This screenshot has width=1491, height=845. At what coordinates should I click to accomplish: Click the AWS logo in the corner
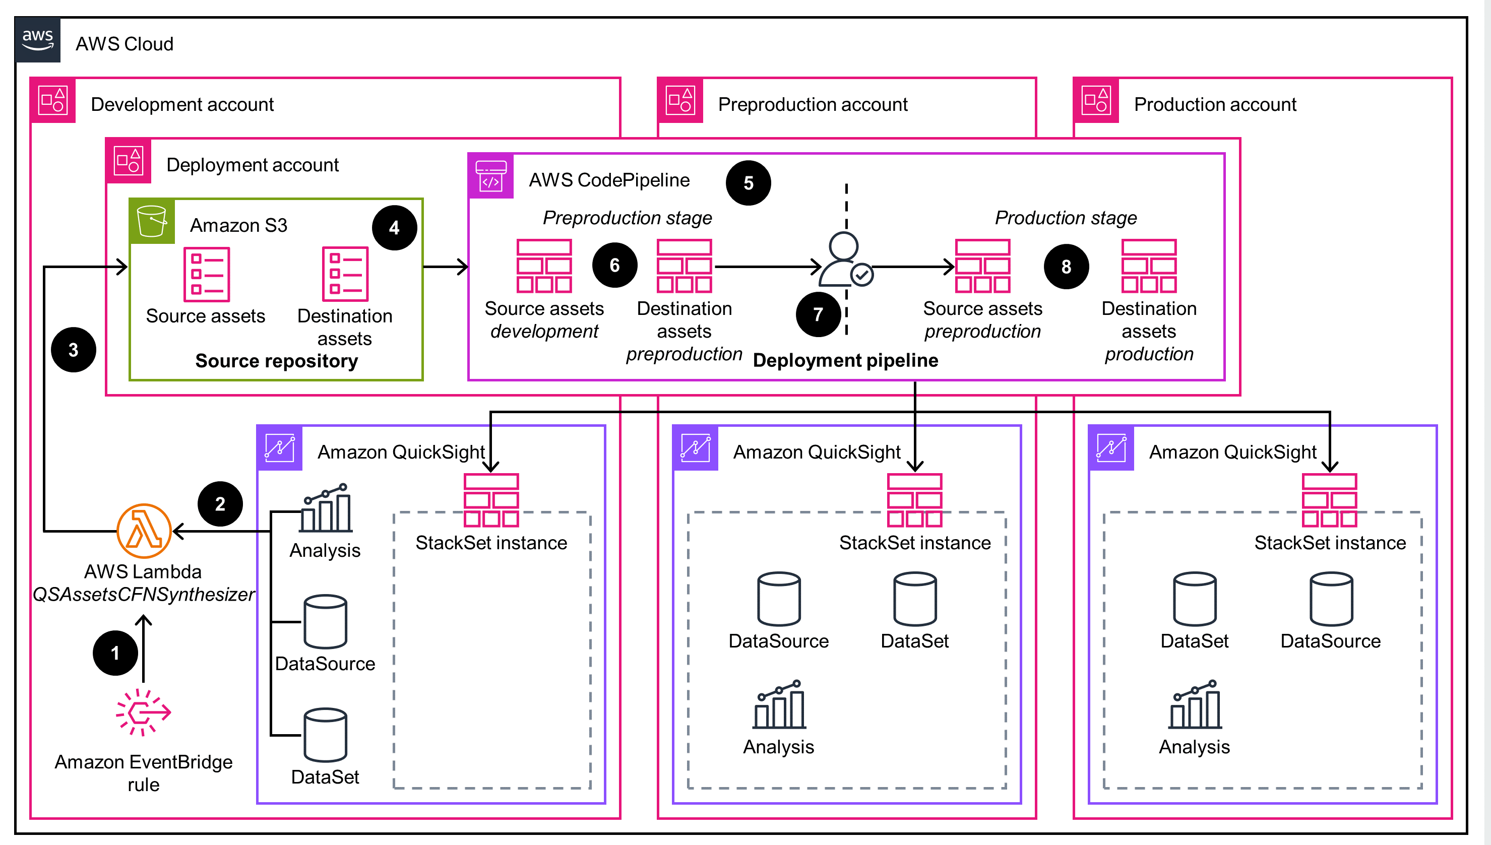(x=38, y=39)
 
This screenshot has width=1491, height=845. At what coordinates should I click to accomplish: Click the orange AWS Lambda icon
(x=144, y=531)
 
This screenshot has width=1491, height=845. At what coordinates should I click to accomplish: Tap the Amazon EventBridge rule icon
(x=143, y=712)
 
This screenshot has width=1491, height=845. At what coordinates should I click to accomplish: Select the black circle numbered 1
(x=115, y=653)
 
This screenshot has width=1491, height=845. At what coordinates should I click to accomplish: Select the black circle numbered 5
(x=748, y=183)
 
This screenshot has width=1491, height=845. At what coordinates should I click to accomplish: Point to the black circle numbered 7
(x=818, y=314)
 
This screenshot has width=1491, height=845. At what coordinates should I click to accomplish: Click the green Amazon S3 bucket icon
(x=152, y=221)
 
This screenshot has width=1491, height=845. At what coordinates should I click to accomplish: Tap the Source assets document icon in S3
(x=207, y=274)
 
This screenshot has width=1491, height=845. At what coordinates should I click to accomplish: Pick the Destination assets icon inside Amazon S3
(x=345, y=274)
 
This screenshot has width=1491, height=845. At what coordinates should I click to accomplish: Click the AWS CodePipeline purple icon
(x=491, y=176)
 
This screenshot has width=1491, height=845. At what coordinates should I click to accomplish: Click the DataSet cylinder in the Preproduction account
(x=915, y=599)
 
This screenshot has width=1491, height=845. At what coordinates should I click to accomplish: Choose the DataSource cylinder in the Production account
(x=1331, y=599)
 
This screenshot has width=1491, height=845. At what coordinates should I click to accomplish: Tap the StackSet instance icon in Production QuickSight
(x=1329, y=500)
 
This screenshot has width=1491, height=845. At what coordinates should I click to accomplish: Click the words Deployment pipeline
(x=845, y=360)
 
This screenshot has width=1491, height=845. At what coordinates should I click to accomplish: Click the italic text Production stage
(x=1066, y=218)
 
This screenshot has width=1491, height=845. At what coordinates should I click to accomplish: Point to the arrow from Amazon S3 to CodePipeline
(x=445, y=267)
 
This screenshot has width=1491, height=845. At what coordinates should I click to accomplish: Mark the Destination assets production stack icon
(x=1149, y=266)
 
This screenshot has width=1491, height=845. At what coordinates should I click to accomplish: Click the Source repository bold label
(x=276, y=361)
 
